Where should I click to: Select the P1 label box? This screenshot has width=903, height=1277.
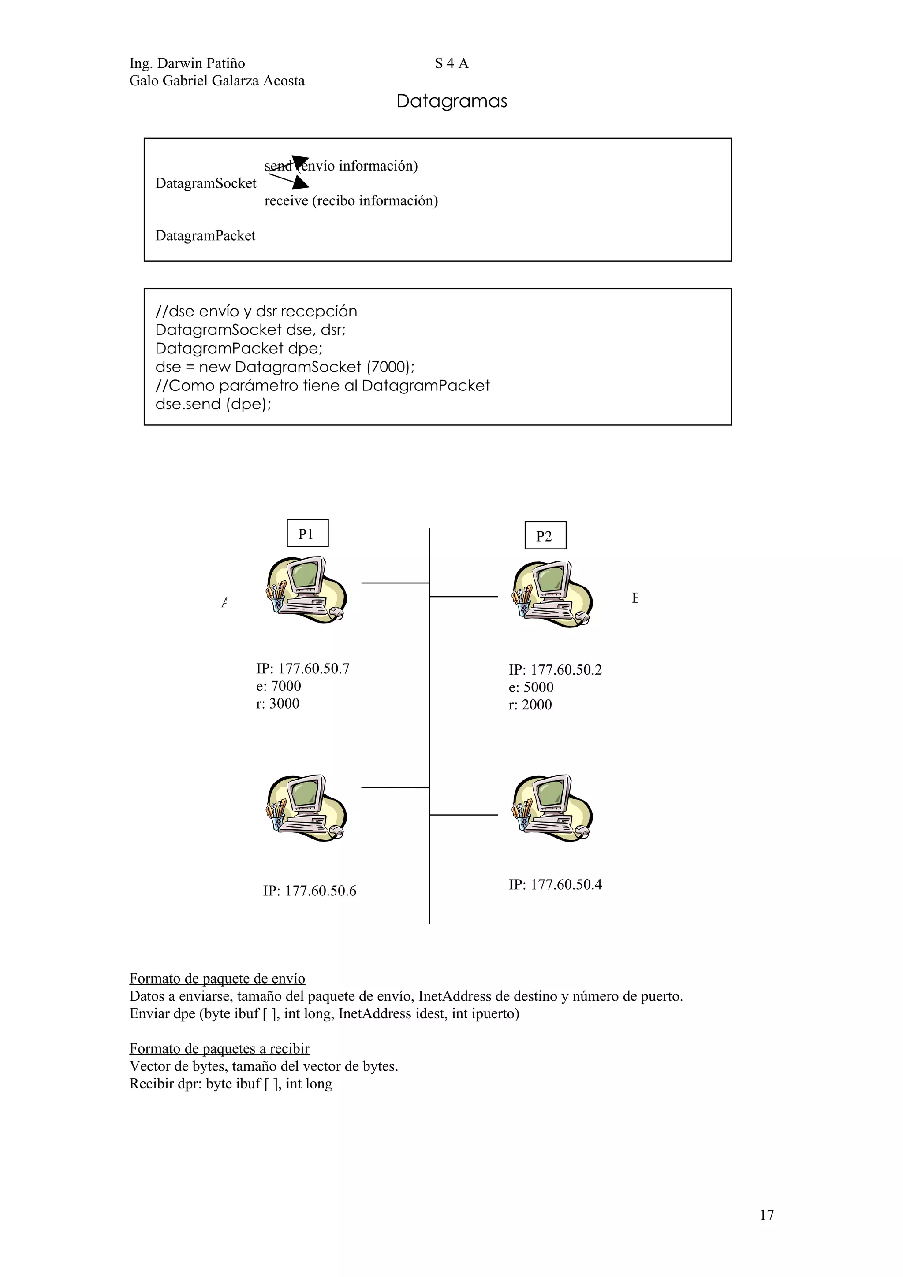(x=307, y=533)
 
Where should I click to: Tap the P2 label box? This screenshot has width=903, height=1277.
(x=545, y=535)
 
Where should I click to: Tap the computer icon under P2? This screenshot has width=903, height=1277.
(x=552, y=594)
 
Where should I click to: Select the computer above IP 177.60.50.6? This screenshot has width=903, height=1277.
(x=306, y=808)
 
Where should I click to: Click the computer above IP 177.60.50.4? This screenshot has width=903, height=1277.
(x=552, y=808)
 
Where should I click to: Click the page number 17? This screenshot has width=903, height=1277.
(x=766, y=1215)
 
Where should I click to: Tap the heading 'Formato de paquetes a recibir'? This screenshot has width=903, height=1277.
(x=219, y=1048)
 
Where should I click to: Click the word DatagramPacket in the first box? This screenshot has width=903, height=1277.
(x=205, y=236)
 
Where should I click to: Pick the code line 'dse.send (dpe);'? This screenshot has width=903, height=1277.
(x=213, y=405)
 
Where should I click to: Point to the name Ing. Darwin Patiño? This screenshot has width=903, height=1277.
(x=187, y=63)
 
